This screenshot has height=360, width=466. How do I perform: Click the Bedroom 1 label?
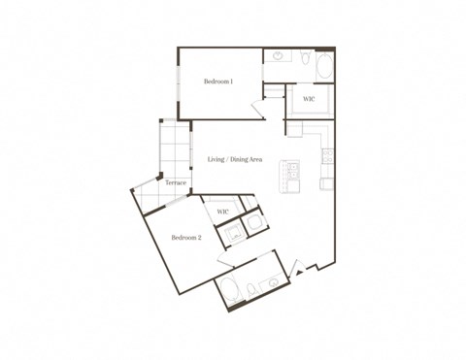[217, 82]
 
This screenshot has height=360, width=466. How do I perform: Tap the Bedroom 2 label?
[186, 238]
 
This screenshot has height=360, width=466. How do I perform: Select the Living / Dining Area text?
[235, 159]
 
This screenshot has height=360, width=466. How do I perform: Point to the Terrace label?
[175, 182]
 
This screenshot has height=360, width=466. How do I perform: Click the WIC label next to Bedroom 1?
[308, 99]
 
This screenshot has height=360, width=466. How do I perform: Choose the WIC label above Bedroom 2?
[222, 211]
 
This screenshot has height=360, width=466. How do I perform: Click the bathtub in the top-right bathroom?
[324, 68]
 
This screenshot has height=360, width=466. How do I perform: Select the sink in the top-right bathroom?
[279, 57]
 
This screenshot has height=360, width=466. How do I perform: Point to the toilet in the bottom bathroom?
[251, 288]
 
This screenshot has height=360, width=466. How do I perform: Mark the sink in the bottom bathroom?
[273, 282]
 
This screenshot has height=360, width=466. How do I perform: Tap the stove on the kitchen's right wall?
[327, 155]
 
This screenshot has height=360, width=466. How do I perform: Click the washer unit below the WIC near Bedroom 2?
[233, 232]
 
